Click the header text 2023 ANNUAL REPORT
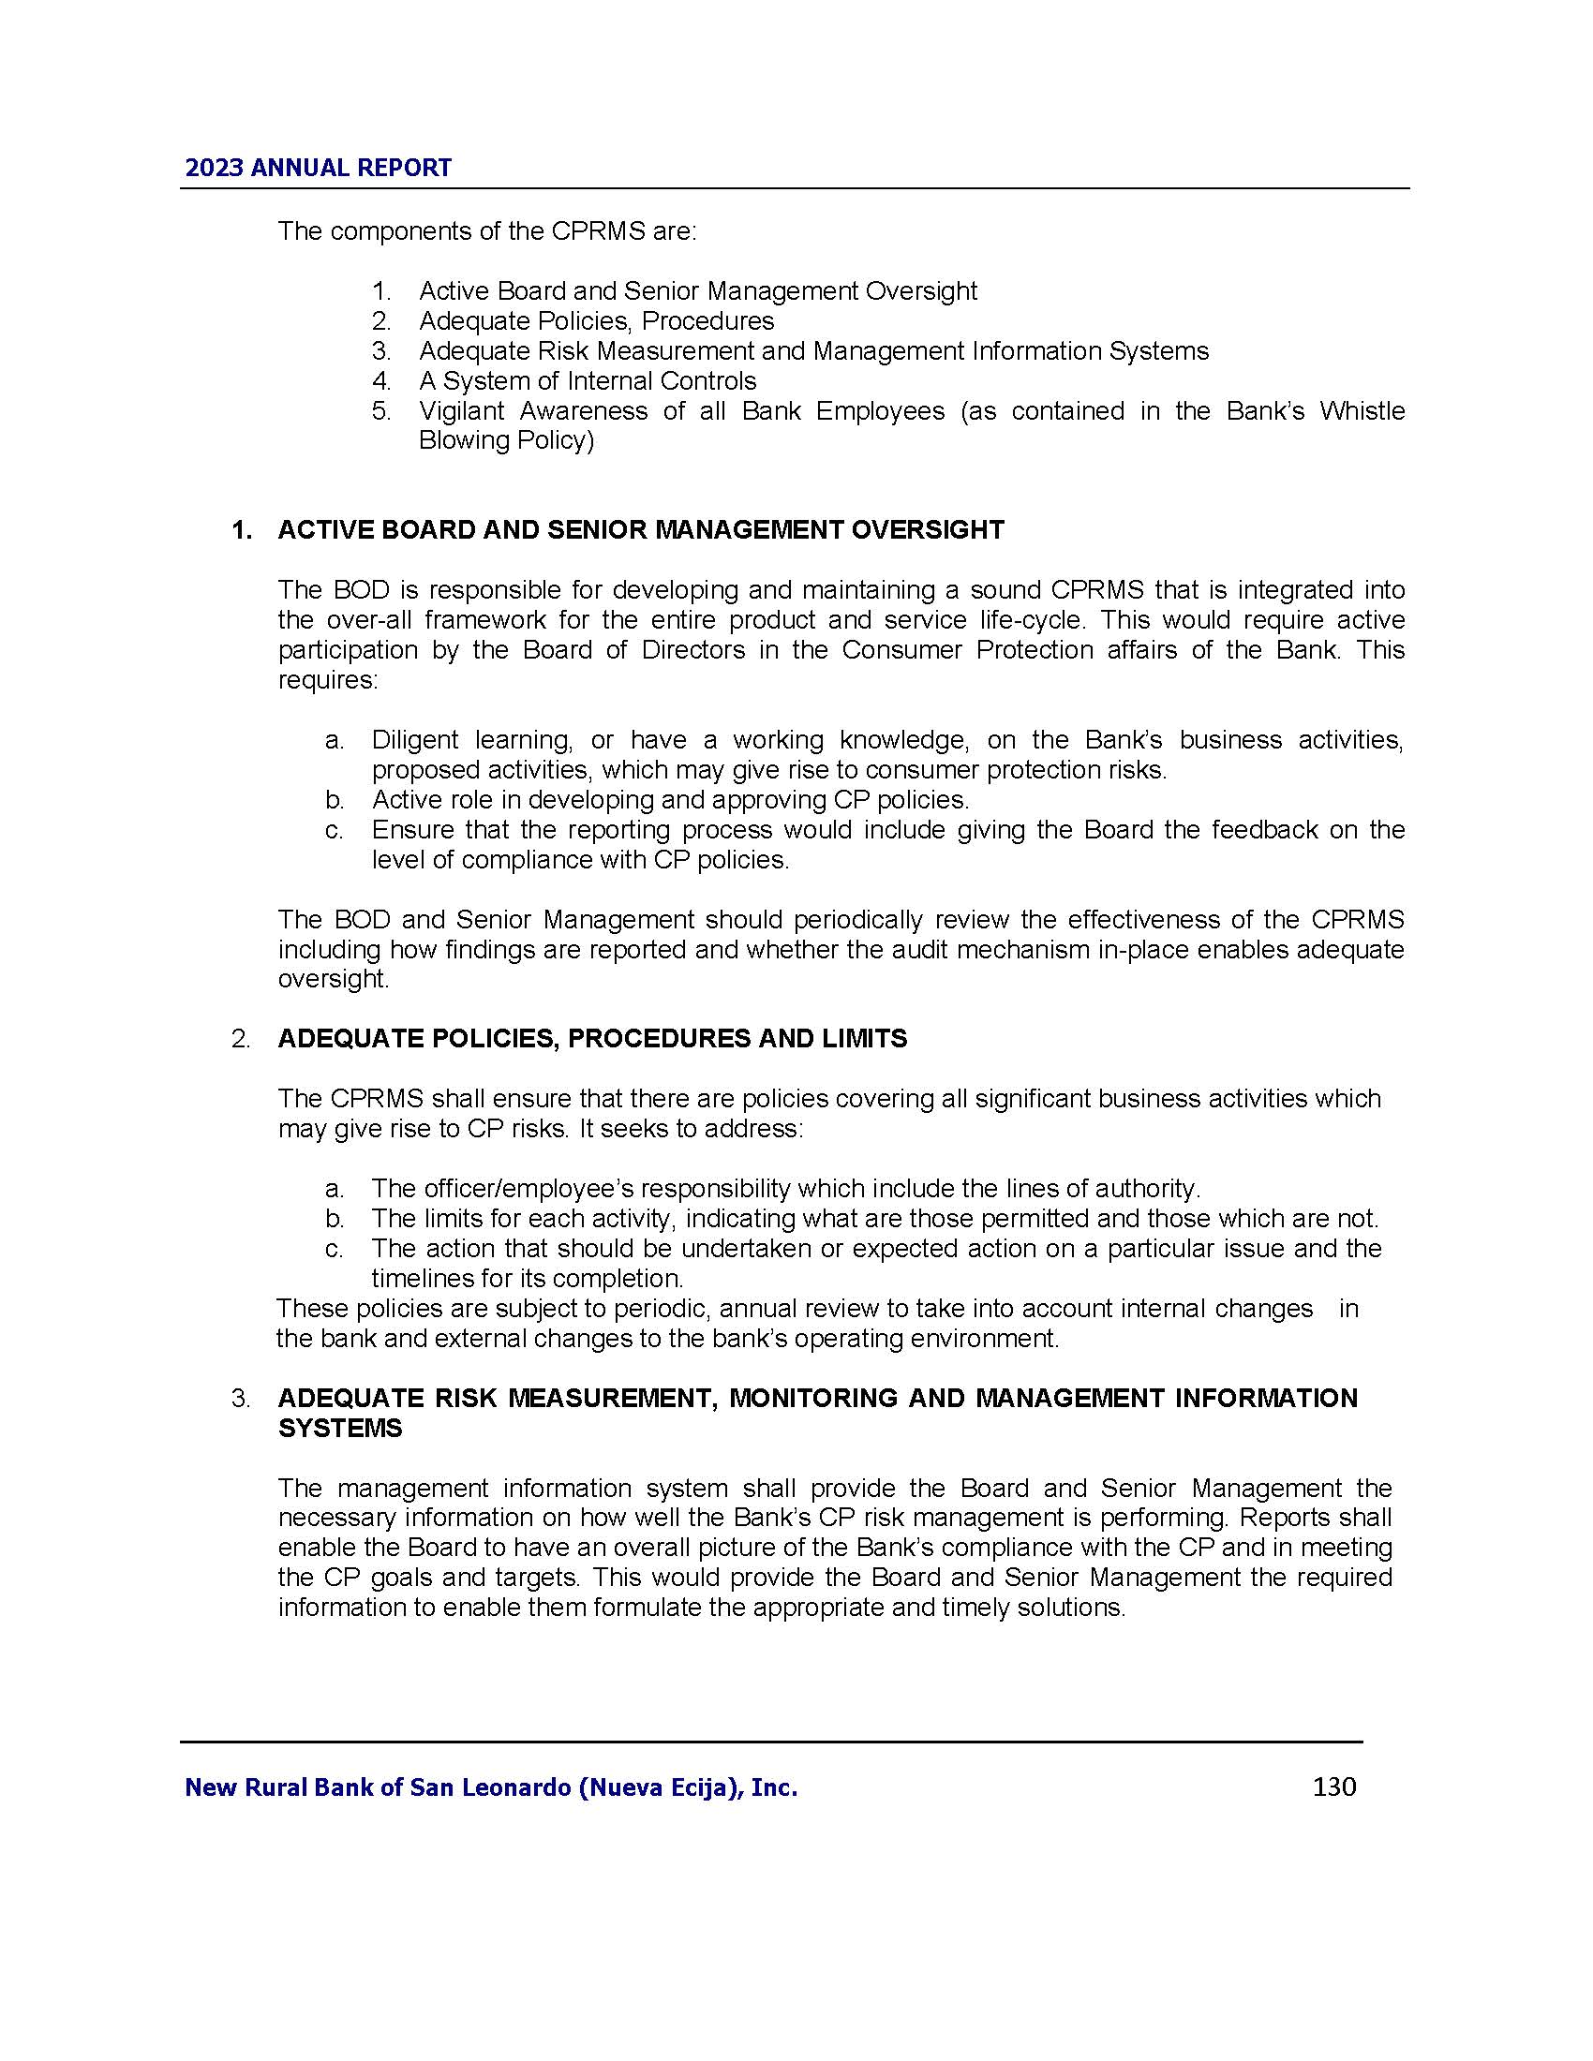pos(318,168)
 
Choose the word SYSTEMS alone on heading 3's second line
pos(340,1429)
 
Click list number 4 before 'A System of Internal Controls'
pos(381,381)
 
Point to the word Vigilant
pos(461,411)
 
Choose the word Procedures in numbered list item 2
pos(707,321)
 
